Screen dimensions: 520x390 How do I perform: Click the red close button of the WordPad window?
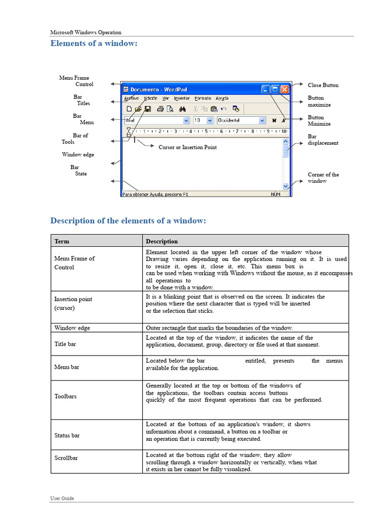pos(284,89)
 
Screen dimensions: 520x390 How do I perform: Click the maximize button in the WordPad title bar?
pos(275,89)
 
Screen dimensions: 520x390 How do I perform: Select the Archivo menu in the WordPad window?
pos(132,98)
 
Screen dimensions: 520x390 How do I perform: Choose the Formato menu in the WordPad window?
pos(203,98)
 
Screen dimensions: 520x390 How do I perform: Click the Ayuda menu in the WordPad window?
pos(222,98)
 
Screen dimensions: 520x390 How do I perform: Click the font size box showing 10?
pos(201,120)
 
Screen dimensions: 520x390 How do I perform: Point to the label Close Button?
pos(323,85)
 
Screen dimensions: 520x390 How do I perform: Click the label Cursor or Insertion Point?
pos(187,147)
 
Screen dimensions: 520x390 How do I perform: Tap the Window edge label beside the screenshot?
pos(78,154)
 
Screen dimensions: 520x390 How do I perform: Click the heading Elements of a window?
pos(94,43)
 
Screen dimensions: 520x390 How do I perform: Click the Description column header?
pos(162,241)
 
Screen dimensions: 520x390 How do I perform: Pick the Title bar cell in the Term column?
pos(65,344)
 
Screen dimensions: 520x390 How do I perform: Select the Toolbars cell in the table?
pos(66,396)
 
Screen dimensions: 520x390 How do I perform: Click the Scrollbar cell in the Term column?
pos(66,458)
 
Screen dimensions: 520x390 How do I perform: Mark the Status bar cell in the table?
pos(67,435)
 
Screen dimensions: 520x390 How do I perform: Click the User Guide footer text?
pos(62,498)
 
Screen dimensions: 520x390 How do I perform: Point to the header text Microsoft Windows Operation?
pos(85,32)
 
